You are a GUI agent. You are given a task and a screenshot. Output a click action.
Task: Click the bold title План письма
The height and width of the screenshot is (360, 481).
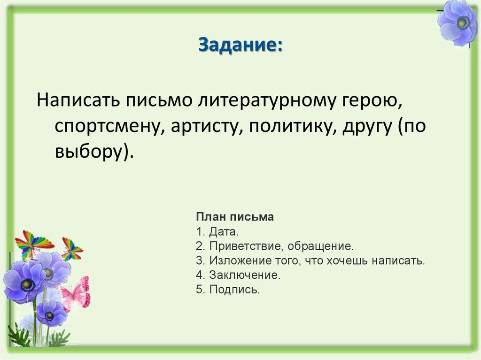tap(234, 217)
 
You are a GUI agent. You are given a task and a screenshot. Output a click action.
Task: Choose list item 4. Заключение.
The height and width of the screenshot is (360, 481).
tap(238, 275)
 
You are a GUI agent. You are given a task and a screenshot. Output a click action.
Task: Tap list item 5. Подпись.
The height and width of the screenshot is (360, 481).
tap(228, 290)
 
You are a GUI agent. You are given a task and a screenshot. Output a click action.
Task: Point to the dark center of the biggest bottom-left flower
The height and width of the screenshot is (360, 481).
tap(27, 283)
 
